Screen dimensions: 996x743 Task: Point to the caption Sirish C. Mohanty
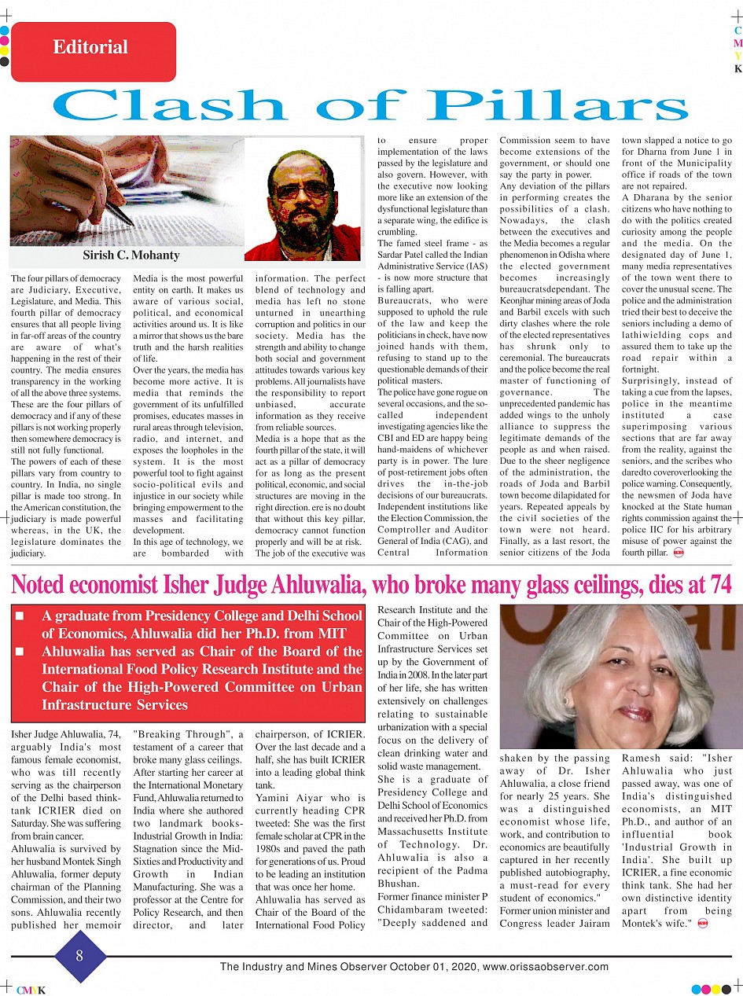coord(131,255)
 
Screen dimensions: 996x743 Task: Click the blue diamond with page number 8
coord(79,957)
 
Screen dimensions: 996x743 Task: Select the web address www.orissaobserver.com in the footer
coord(546,967)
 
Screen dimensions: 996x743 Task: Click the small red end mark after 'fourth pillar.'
coord(679,553)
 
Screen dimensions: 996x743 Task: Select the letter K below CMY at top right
coord(737,68)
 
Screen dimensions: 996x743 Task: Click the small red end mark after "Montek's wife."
coord(702,923)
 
